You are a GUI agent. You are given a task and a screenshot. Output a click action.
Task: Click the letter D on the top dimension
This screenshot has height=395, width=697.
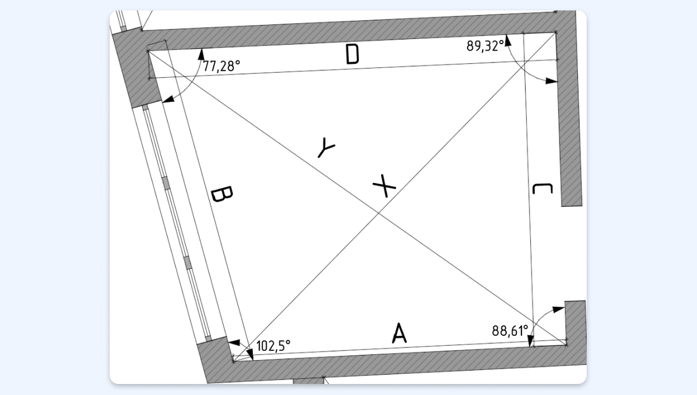tap(353, 54)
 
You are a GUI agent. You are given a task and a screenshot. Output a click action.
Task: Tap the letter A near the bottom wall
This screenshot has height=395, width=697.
tap(399, 333)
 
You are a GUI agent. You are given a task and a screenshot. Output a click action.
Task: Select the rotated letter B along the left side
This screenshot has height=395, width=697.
tap(221, 194)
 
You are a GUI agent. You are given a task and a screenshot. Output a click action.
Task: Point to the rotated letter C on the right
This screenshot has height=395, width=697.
tap(542, 189)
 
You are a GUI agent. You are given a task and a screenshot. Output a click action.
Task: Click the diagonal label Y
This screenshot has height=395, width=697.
tap(326, 147)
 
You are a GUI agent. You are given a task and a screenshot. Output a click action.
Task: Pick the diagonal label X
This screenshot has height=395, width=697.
tap(385, 186)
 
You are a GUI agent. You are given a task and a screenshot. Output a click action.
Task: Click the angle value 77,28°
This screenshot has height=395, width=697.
tap(221, 66)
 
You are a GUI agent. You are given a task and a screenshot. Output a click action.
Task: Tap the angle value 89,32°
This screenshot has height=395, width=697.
tap(485, 46)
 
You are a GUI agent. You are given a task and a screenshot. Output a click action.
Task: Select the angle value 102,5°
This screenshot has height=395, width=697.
tap(273, 346)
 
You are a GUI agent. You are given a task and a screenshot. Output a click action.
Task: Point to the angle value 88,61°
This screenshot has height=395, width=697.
tap(510, 331)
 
